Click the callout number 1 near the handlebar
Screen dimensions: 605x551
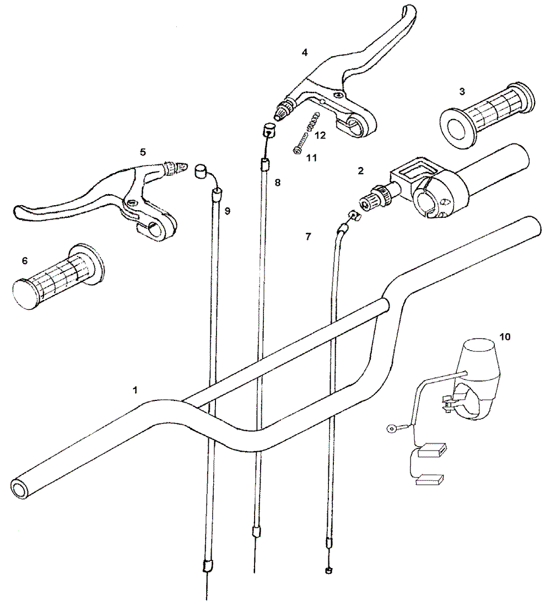(x=134, y=390)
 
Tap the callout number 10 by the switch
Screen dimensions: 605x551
(x=505, y=336)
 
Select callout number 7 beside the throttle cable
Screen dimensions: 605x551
(x=308, y=237)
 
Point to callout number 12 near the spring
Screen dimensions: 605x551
(x=320, y=135)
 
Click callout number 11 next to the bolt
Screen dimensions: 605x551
(x=311, y=158)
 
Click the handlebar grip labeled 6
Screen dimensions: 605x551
(x=57, y=275)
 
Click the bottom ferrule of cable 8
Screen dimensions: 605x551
(x=255, y=532)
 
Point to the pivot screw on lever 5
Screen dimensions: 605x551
(x=133, y=203)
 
